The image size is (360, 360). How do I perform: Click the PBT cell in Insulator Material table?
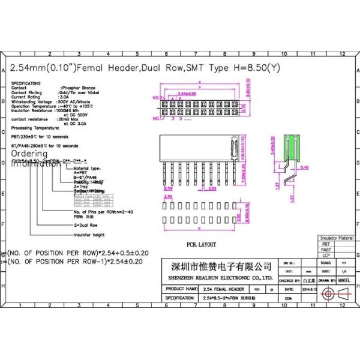[326, 244]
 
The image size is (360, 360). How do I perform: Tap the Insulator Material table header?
[337, 238]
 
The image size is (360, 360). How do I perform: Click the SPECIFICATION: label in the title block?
[179, 298]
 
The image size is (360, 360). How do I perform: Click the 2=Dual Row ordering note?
[85, 224]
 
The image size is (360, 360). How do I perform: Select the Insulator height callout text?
[89, 235]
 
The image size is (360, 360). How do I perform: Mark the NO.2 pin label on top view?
[155, 97]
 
